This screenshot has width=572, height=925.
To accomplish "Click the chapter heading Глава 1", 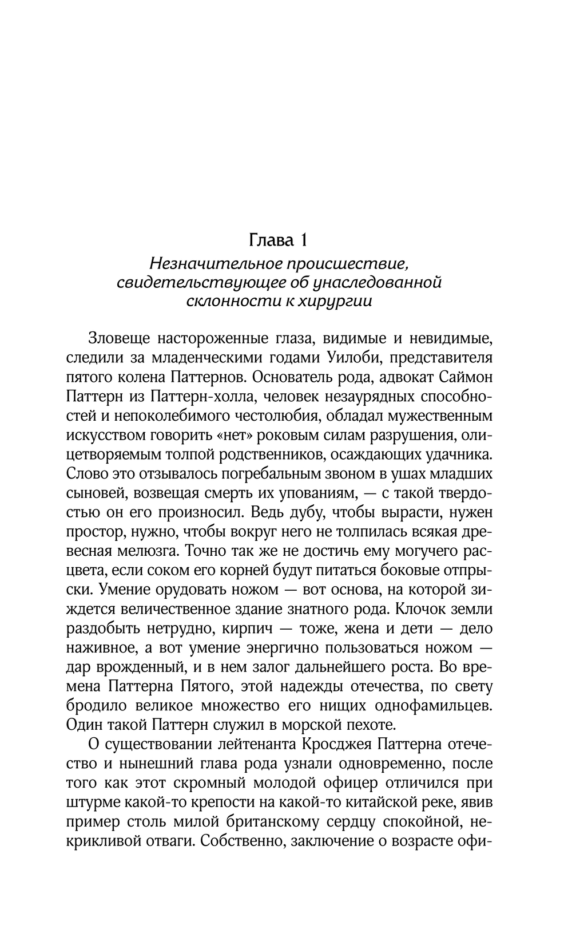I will tap(279, 240).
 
